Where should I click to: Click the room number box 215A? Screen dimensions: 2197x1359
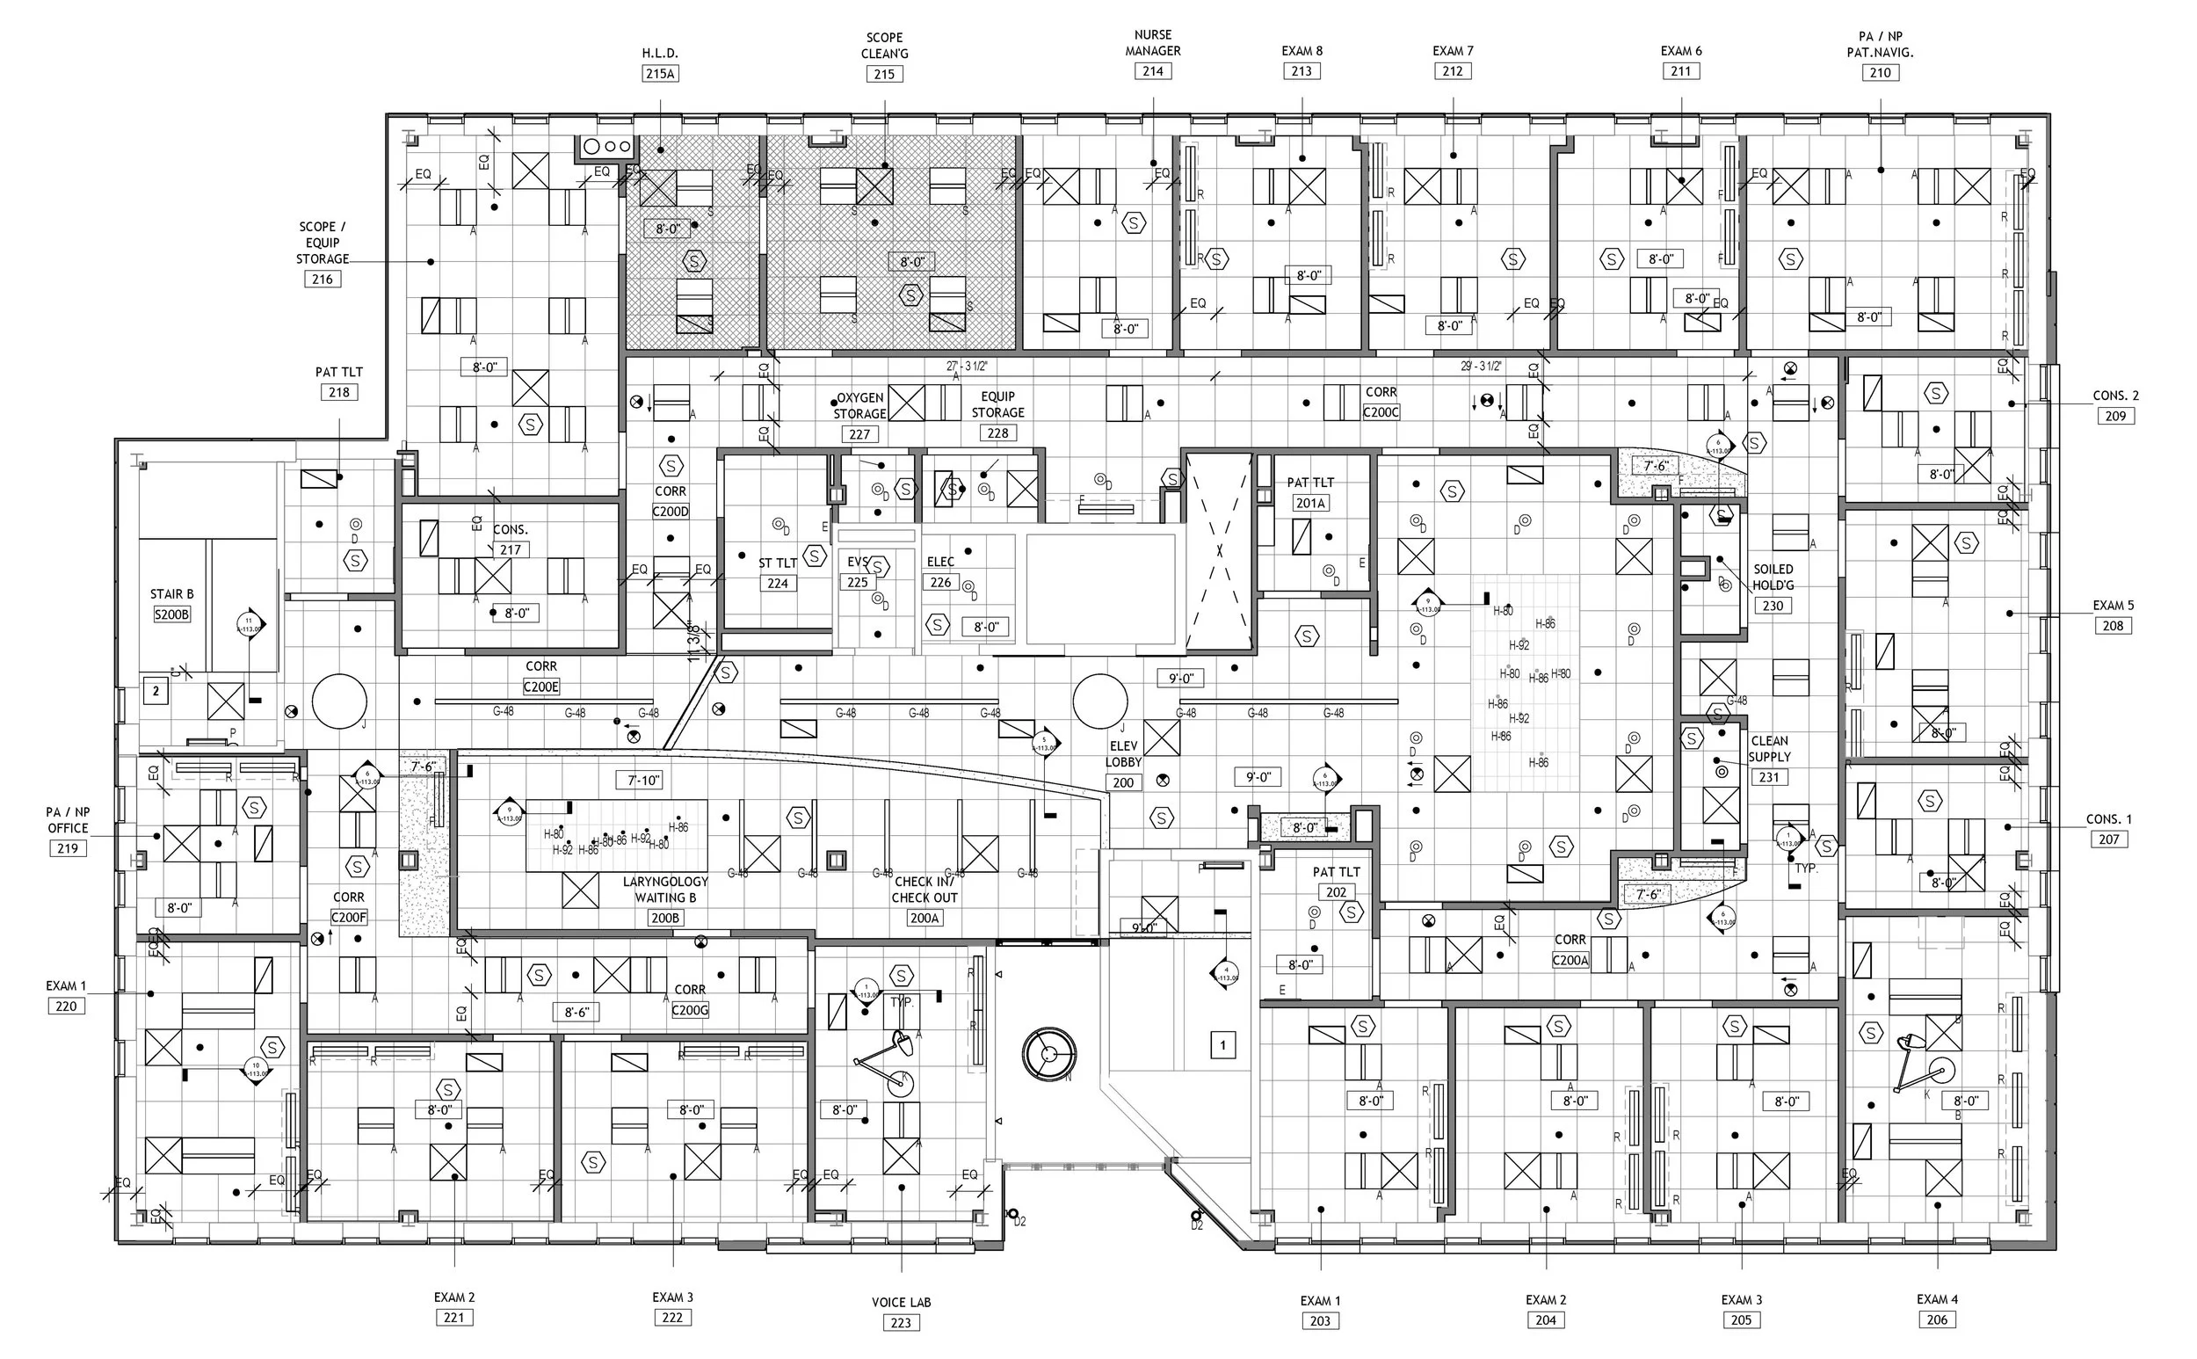660,74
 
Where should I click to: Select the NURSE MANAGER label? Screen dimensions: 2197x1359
1153,43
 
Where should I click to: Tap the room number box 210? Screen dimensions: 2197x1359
1880,73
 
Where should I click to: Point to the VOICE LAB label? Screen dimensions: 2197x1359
901,1303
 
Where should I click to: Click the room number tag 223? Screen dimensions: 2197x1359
901,1322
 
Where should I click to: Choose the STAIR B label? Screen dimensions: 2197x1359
171,594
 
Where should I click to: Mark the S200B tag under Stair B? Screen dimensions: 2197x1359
171,614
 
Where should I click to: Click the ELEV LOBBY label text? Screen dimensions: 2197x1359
1123,754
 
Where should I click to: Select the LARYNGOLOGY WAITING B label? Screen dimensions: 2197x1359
665,890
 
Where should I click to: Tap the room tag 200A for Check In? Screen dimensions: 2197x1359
924,918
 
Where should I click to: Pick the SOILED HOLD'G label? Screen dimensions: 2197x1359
1773,577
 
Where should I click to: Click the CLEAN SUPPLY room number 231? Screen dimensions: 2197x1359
1768,777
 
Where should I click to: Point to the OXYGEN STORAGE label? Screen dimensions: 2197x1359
860,405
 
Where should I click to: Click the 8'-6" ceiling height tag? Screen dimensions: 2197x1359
576,1012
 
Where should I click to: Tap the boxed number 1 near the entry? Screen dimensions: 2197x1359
1222,1045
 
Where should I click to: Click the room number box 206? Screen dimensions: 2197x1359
1936,1319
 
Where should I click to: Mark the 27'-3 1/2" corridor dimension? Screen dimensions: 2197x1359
967,367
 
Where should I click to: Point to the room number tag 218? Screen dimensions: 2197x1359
338,392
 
